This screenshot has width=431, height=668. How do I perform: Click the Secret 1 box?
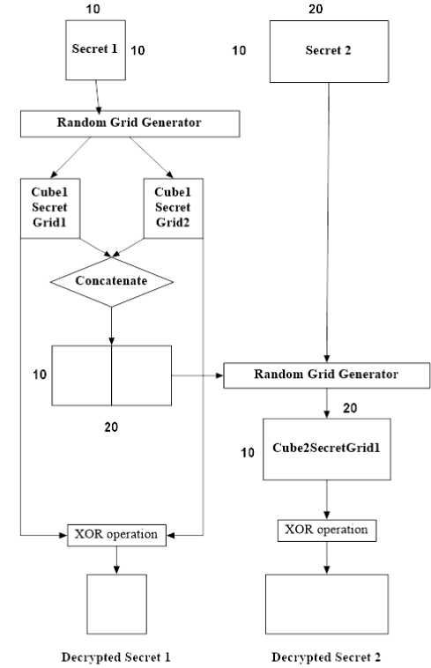click(95, 50)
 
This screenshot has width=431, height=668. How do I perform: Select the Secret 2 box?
click(329, 51)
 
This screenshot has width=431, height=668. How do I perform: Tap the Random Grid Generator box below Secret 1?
click(130, 123)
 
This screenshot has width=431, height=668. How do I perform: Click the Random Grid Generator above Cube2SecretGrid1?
click(327, 375)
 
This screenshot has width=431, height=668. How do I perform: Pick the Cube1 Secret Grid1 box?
click(50, 208)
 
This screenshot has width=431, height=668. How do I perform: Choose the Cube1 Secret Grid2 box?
click(174, 208)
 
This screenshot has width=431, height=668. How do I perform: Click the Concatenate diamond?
click(112, 282)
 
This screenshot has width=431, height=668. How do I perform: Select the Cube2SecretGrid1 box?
click(327, 449)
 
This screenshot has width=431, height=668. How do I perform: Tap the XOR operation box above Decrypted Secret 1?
click(116, 535)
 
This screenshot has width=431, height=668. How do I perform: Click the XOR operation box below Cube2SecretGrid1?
click(327, 531)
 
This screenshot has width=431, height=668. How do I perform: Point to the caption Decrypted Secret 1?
click(115, 657)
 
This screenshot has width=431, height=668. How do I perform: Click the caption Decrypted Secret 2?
click(326, 657)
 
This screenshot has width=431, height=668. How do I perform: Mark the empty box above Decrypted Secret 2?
click(327, 604)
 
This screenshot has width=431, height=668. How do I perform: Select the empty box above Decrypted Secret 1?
click(116, 604)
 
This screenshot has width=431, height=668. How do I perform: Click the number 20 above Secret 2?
click(316, 9)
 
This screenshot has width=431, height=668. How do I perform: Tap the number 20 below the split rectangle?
click(111, 427)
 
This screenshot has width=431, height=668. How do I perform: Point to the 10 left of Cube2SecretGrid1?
click(248, 452)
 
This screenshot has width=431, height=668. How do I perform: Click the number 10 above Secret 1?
click(93, 9)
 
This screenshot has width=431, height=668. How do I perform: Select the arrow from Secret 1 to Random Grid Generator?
click(98, 97)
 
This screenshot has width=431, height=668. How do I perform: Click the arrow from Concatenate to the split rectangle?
click(112, 326)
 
